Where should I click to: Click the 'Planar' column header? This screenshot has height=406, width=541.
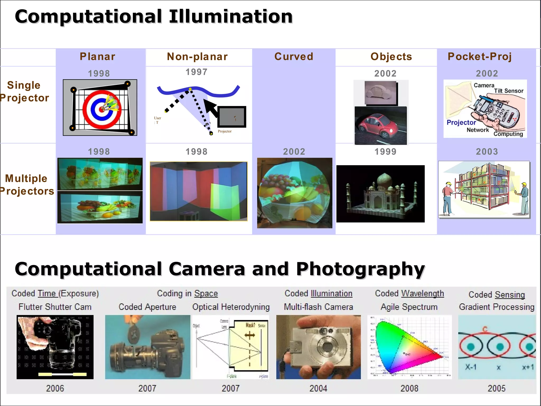tap(97, 57)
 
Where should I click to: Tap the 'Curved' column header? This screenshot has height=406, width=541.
tap(294, 57)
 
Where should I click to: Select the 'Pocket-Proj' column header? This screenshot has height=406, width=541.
tap(480, 57)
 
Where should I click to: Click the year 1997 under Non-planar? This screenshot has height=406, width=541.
tap(197, 72)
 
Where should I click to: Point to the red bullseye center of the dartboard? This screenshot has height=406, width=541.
tap(101, 109)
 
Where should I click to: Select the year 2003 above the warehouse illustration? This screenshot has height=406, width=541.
tap(487, 152)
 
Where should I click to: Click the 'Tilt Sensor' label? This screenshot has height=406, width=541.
tap(509, 91)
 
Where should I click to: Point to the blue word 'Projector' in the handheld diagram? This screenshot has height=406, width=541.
tap(461, 122)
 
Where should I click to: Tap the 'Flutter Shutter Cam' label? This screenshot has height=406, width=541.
tap(55, 307)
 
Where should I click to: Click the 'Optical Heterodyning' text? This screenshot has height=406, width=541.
tap(231, 307)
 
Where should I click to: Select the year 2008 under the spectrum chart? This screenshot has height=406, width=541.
tap(409, 388)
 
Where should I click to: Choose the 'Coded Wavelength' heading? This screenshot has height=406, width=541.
tap(409, 293)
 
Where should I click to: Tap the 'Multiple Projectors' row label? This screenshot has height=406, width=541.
tap(26, 185)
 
